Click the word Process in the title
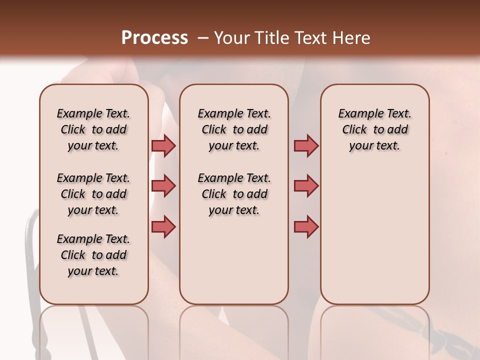click(x=154, y=38)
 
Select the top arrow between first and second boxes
click(x=163, y=145)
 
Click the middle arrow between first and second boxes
click(x=163, y=186)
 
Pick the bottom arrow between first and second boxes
click(x=163, y=226)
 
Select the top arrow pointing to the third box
click(x=306, y=145)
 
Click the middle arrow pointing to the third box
click(x=306, y=186)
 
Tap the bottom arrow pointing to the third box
click(x=306, y=226)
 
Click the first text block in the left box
click(x=93, y=129)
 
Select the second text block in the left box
click(x=93, y=194)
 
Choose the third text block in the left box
click(x=93, y=255)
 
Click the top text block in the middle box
click(x=234, y=129)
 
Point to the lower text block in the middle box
click(x=234, y=194)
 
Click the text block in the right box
click(x=374, y=129)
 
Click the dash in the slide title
click(x=202, y=38)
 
